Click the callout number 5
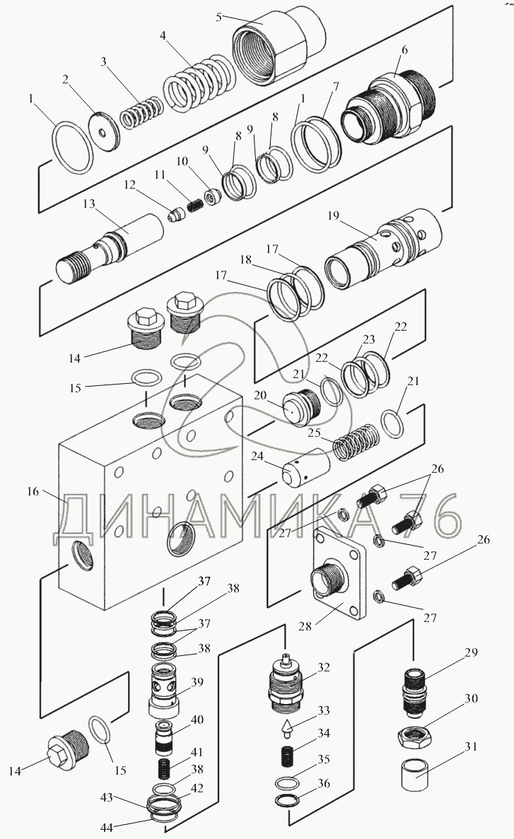coord(219,17)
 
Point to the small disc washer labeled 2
coord(105,131)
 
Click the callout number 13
coord(89,204)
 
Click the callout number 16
coord(33,491)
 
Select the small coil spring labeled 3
coord(140,112)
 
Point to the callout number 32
coord(323,667)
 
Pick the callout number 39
coord(197,681)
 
